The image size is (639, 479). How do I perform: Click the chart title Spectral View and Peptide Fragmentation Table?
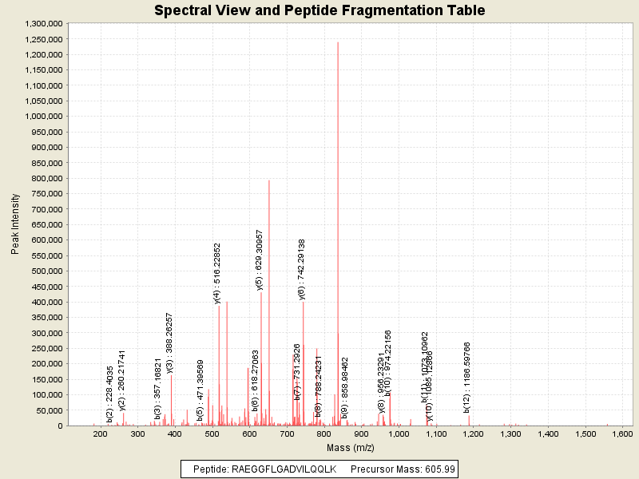tap(319, 10)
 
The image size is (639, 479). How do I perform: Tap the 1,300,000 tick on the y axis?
tap(43, 24)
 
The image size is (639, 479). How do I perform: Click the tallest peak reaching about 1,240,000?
tap(338, 45)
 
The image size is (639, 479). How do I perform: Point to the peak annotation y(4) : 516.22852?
tap(218, 274)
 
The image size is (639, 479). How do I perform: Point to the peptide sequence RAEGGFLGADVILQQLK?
tap(285, 469)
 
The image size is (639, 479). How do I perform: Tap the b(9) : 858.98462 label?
tap(344, 388)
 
